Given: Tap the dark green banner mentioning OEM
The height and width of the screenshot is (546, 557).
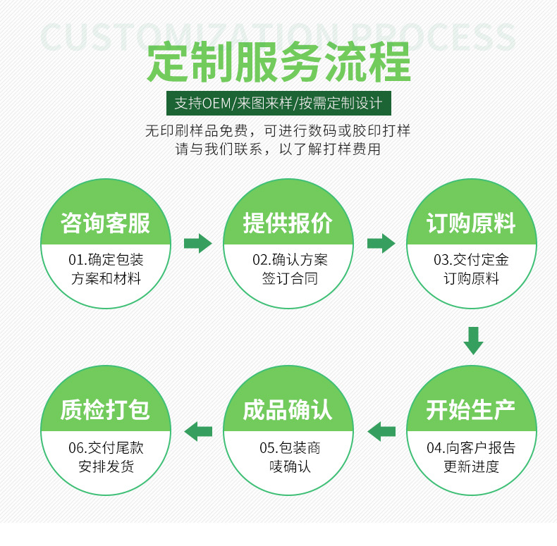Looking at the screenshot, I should tap(278, 104).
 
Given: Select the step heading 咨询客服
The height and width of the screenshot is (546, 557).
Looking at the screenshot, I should tap(106, 223).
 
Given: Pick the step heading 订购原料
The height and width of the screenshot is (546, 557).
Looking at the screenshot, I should tap(470, 223).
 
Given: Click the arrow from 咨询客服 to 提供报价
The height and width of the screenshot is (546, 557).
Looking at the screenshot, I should tap(197, 243).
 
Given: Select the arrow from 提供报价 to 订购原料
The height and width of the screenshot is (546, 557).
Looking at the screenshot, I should tap(381, 243).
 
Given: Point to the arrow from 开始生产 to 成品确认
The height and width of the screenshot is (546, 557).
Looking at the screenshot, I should tap(381, 430).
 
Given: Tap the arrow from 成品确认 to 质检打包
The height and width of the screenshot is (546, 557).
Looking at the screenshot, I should tap(198, 430).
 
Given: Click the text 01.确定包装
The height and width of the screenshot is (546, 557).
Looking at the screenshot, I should tap(106, 260).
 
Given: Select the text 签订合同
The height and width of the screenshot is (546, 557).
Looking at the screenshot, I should tap(289, 278).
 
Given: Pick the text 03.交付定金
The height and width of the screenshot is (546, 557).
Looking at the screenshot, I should tap(471, 260).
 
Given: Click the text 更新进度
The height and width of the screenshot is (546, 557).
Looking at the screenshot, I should tap(471, 466).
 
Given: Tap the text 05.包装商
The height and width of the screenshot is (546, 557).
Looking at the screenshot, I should tap(289, 447).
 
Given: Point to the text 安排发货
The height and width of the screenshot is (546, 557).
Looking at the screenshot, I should tap(106, 466).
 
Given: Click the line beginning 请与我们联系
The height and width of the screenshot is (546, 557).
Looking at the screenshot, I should tap(278, 149).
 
